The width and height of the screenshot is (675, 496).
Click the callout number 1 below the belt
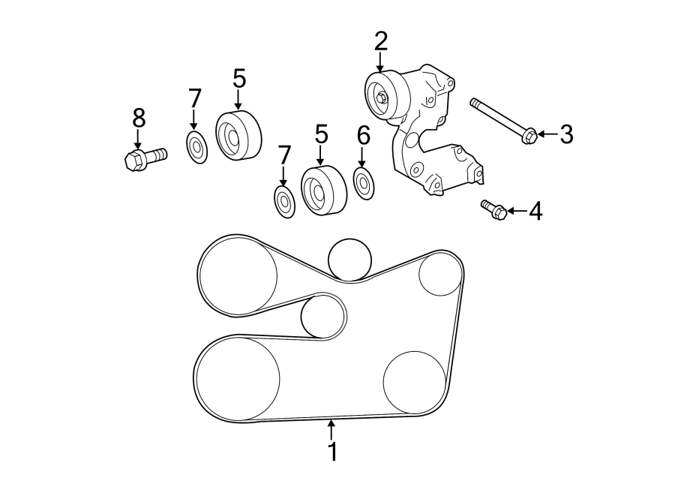click(331, 452)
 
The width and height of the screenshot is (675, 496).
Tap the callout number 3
click(566, 135)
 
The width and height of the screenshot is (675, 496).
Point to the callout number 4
click(535, 212)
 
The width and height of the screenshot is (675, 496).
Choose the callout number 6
click(363, 135)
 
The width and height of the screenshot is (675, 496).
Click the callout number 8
click(139, 117)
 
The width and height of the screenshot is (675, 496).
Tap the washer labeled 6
click(364, 184)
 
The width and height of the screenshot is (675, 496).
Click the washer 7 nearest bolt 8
click(196, 146)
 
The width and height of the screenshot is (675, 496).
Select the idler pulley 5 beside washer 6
click(323, 192)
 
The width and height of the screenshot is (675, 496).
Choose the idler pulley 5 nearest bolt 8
click(238, 135)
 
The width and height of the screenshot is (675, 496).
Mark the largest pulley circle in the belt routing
click(237, 377)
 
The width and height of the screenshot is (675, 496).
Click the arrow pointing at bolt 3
click(547, 135)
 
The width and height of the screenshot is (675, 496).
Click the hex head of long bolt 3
click(528, 136)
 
